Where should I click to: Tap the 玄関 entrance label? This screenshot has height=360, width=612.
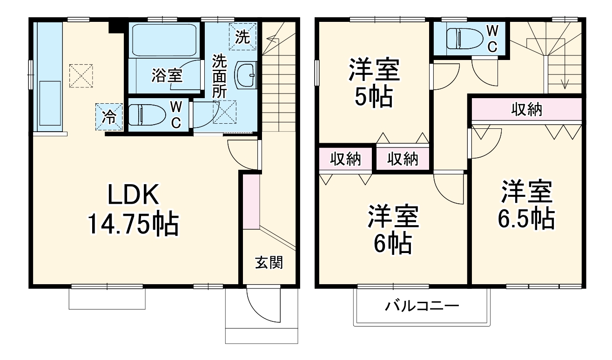tap(269, 263)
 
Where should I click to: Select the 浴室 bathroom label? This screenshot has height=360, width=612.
tap(166, 75)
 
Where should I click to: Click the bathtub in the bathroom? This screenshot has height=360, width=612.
tap(163, 40)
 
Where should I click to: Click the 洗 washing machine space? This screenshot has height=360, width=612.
tap(242, 36)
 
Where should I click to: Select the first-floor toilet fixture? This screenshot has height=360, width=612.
tap(147, 114)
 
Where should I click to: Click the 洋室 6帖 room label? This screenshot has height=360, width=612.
tap(394, 230)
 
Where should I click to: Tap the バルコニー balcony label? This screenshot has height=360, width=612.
tap(422, 306)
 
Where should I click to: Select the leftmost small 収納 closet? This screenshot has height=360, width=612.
tap(346, 159)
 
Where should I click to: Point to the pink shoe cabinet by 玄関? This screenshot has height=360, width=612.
tap(250, 201)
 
